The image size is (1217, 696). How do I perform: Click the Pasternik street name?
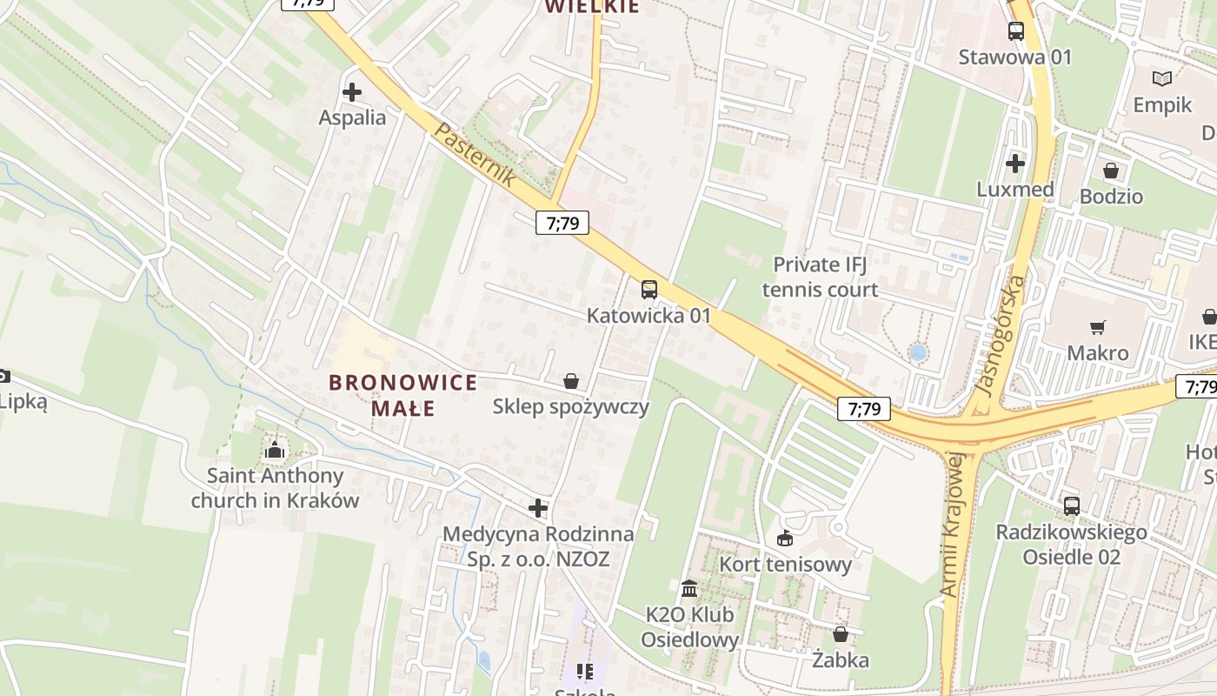point(474,155)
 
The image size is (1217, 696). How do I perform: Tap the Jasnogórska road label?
point(1002,336)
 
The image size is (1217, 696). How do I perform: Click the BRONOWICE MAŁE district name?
point(403,395)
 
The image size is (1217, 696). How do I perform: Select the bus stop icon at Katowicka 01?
point(648,290)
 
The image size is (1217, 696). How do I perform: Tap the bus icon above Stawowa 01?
point(1015,31)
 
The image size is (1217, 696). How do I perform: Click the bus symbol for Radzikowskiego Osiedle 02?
point(1072,505)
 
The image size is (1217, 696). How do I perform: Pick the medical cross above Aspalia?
point(352,91)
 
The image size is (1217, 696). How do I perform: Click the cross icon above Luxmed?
point(1015,163)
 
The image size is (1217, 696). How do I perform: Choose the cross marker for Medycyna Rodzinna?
point(538,508)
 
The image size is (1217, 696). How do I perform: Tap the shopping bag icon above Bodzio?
point(1111,170)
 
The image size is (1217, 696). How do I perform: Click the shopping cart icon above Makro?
point(1098,327)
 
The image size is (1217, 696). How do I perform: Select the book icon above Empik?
point(1162,79)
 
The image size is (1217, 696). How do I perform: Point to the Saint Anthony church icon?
point(275,450)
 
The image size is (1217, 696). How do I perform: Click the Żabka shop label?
point(840,660)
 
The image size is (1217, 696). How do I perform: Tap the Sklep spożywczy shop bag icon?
point(571,381)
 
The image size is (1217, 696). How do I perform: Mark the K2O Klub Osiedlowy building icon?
point(689,589)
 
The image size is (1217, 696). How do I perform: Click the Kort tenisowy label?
point(785,565)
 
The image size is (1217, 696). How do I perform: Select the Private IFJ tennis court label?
point(820,277)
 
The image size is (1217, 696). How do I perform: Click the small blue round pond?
point(917,352)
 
